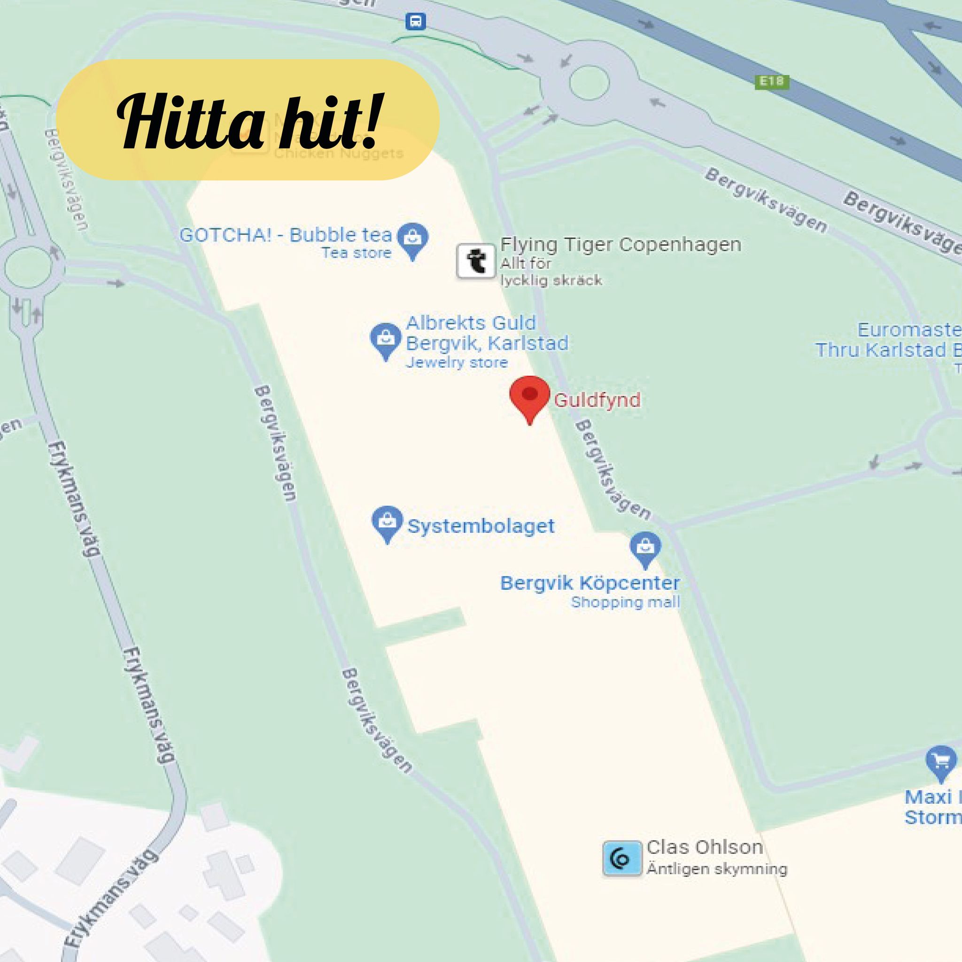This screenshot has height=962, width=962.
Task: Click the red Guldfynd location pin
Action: pyautogui.click(x=529, y=397)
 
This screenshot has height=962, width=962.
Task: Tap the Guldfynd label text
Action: pyautogui.click(x=597, y=400)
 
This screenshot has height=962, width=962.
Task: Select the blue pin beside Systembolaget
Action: pyautogui.click(x=387, y=523)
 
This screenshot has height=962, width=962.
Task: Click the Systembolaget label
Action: pyautogui.click(x=481, y=526)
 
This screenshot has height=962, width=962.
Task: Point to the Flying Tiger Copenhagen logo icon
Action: pyautogui.click(x=475, y=261)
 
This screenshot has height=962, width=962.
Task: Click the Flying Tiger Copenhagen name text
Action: pyautogui.click(x=621, y=244)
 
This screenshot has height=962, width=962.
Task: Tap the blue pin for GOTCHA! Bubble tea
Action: pyautogui.click(x=412, y=239)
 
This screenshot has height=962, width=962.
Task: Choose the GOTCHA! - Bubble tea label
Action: pyautogui.click(x=286, y=235)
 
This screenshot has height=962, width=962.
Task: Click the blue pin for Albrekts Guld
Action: pyautogui.click(x=385, y=340)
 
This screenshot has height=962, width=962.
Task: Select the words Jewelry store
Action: pyautogui.click(x=457, y=362)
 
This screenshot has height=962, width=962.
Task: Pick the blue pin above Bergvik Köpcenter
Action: pyautogui.click(x=645, y=549)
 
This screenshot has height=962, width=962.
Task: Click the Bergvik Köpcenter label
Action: pyautogui.click(x=590, y=582)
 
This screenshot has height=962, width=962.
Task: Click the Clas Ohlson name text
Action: pyautogui.click(x=705, y=847)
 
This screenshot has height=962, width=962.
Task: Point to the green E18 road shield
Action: pyautogui.click(x=772, y=81)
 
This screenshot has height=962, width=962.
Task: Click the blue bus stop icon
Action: pyautogui.click(x=415, y=22)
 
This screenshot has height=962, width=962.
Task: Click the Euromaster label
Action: pyautogui.click(x=909, y=330)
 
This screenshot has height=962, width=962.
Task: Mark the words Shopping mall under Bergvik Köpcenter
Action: pyautogui.click(x=625, y=602)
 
